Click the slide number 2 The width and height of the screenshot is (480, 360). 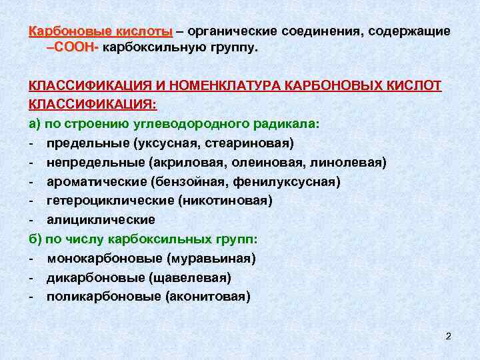coord(449,336)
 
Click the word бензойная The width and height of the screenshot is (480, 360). coord(189,181)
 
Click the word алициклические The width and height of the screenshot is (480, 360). coord(101,219)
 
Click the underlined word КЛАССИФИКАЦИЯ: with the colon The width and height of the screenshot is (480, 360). coord(93,105)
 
